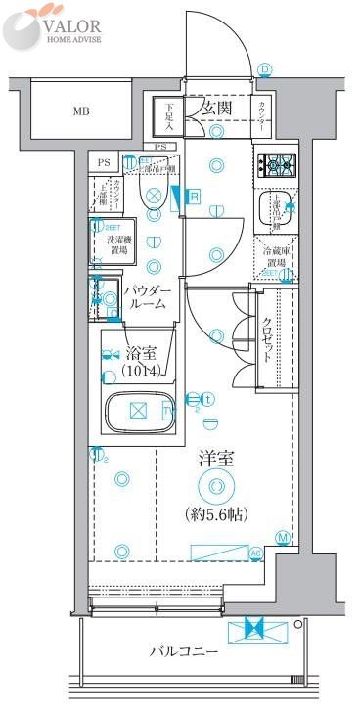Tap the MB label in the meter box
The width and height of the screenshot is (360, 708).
(x=79, y=110)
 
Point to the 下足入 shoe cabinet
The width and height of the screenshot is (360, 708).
(x=169, y=116)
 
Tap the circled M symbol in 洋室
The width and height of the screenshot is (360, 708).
(x=282, y=537)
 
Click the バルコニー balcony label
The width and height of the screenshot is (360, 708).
(x=183, y=650)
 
